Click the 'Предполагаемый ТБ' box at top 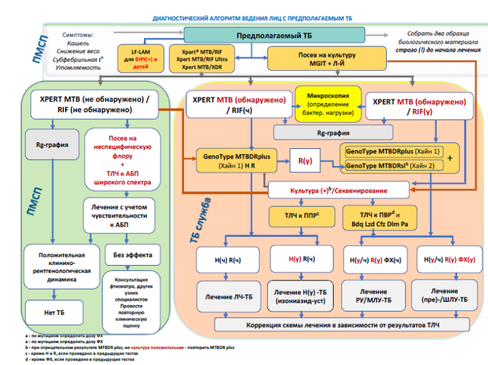[x=274, y=35]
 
